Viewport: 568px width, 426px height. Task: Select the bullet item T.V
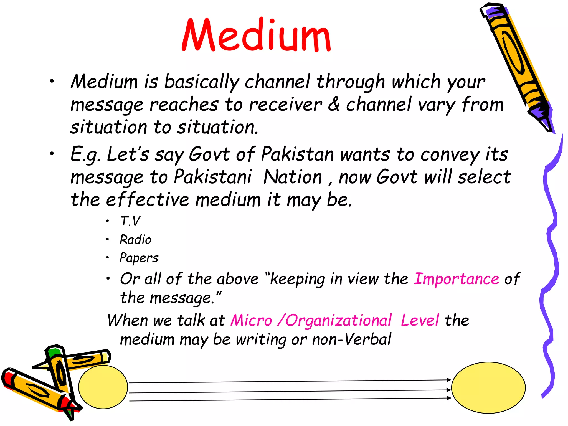click(x=130, y=221)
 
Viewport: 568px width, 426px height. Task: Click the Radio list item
click(x=136, y=240)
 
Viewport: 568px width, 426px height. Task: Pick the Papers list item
click(x=139, y=258)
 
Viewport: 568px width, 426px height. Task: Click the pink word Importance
click(x=457, y=279)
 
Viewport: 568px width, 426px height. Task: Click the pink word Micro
click(x=251, y=321)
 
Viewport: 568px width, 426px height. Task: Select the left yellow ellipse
click(x=103, y=387)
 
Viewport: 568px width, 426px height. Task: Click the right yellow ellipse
click(x=488, y=387)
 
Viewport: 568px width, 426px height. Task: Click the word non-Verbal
click(x=351, y=339)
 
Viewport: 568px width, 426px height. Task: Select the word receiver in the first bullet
click(x=285, y=105)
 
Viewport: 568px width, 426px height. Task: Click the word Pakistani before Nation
click(x=213, y=177)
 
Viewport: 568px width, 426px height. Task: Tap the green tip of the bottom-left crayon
click(x=53, y=353)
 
